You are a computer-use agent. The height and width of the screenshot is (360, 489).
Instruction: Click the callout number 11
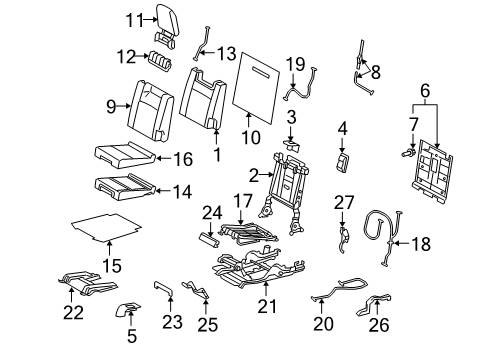[134, 20]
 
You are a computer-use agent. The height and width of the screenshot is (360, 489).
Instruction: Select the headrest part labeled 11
[167, 26]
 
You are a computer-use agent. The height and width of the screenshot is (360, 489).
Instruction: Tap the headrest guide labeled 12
[160, 61]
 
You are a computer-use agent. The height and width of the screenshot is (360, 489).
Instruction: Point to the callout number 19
[295, 65]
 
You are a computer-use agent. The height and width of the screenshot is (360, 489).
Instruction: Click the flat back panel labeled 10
[256, 88]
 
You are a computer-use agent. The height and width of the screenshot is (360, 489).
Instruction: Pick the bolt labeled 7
[408, 153]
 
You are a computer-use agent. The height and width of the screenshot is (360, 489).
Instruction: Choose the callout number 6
[425, 91]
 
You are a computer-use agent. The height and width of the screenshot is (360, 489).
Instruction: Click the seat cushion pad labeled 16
[125, 155]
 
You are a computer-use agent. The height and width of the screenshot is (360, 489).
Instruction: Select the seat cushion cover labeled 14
[125, 188]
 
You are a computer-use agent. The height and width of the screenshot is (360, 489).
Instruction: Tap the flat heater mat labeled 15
[107, 227]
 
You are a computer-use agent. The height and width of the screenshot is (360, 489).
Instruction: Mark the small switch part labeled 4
[343, 163]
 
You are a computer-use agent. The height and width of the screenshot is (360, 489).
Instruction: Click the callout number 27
[344, 203]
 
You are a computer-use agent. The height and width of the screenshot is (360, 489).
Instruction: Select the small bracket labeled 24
[210, 241]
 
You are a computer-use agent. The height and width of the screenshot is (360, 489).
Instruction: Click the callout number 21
[267, 307]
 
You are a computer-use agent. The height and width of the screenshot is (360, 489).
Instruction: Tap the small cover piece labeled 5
[128, 309]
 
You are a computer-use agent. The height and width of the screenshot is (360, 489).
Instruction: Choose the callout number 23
[172, 323]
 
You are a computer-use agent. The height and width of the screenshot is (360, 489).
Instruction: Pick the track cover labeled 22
[87, 283]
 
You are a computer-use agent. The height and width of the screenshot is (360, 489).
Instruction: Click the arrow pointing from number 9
[123, 106]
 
